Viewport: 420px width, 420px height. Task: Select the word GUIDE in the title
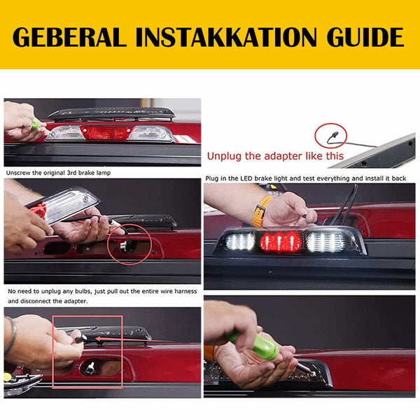[365, 36]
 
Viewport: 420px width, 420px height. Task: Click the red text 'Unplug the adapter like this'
[275, 156]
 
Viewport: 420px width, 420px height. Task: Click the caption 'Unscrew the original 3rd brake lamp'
[57, 172]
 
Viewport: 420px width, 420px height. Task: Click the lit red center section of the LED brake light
[281, 242]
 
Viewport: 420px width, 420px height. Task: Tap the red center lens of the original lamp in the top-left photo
[104, 132]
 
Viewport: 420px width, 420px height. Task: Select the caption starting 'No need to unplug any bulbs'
[57, 295]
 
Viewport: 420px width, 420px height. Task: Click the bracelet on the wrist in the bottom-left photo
[10, 337]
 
